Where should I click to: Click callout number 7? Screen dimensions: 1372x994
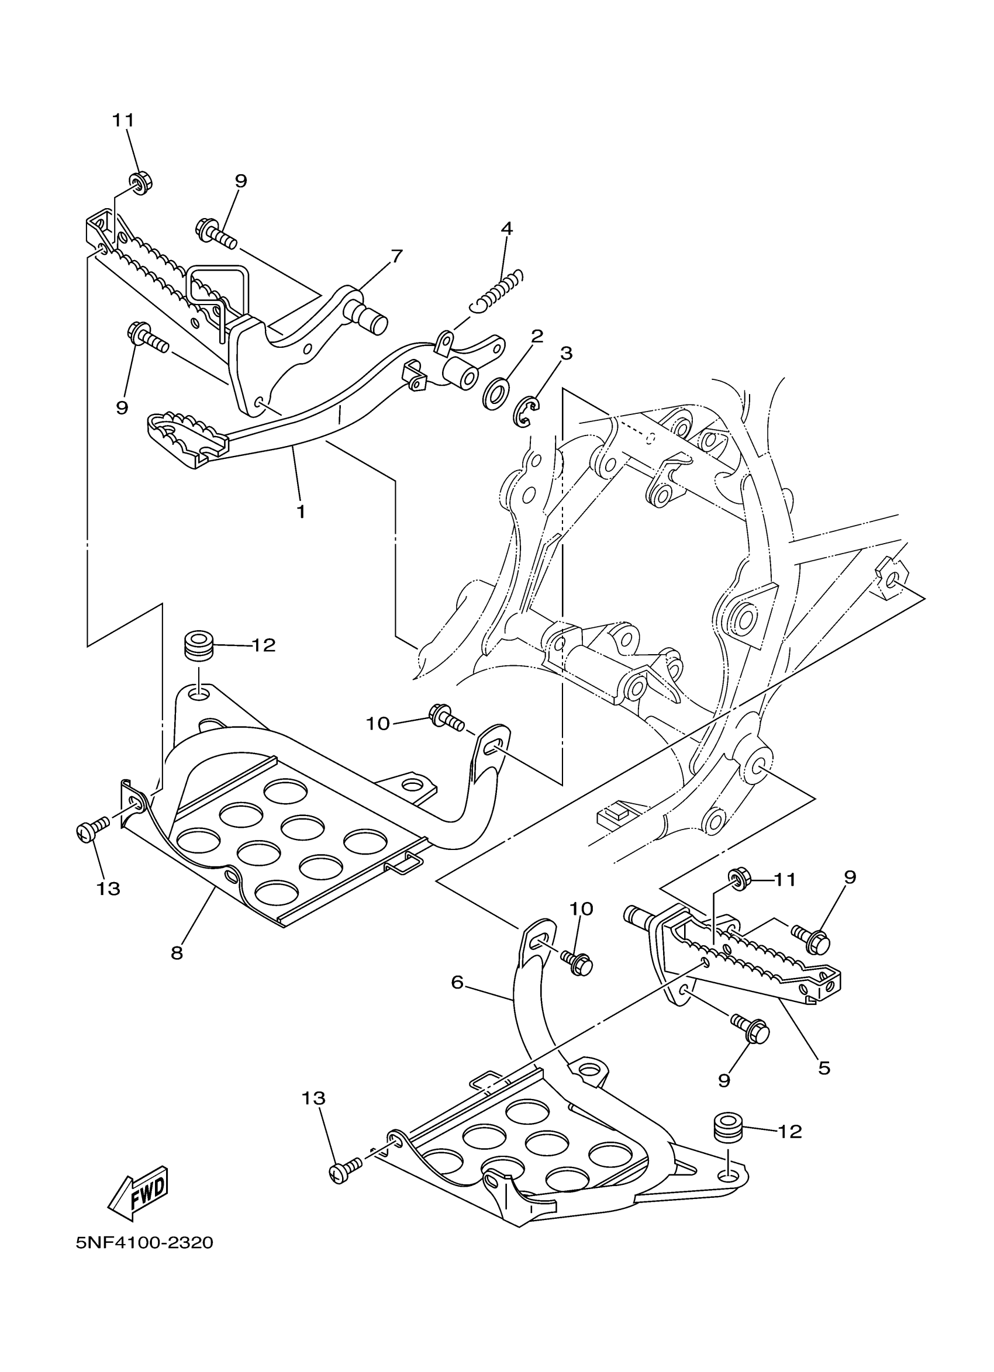coord(396,257)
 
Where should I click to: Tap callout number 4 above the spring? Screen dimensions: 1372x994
coord(507,229)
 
